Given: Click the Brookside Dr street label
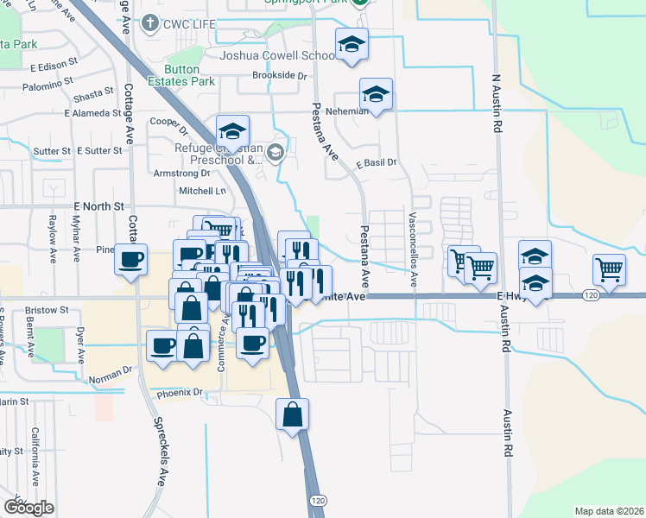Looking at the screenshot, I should (x=280, y=76).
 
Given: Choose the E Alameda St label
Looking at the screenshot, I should (x=92, y=112).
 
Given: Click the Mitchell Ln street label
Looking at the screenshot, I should (x=201, y=191).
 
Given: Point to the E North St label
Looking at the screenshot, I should (x=99, y=206).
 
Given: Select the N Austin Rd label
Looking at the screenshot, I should (x=497, y=103).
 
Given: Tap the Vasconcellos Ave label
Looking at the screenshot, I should (x=413, y=250).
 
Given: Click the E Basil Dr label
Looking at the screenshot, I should (x=375, y=162).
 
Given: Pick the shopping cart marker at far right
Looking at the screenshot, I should (x=610, y=269).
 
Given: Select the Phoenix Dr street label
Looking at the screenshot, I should (x=179, y=394).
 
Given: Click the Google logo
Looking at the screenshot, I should (x=28, y=508).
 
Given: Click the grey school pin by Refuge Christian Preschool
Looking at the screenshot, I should (x=275, y=154).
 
